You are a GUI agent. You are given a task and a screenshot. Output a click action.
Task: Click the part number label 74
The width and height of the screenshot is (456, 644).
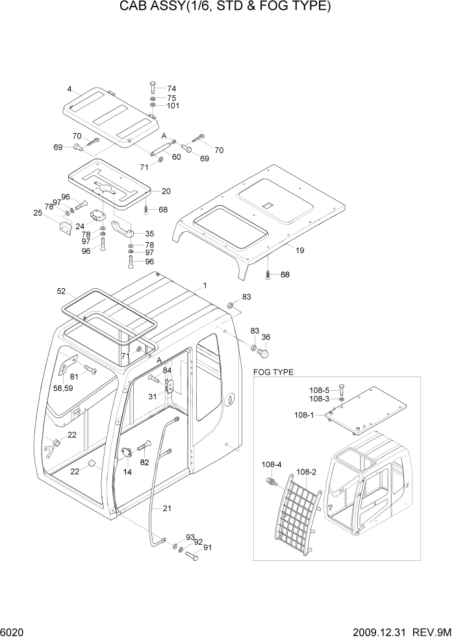tap(171, 89)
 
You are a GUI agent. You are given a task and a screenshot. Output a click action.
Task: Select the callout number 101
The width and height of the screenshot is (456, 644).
tap(173, 106)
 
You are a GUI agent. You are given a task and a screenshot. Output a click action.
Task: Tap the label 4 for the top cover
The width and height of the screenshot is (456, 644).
tap(69, 88)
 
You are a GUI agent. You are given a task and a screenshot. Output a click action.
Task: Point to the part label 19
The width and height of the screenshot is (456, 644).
tap(300, 250)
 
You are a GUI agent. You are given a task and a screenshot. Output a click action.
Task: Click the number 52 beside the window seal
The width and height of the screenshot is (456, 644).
tap(62, 291)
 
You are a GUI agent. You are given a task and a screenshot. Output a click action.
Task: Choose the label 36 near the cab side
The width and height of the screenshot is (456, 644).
tap(266, 337)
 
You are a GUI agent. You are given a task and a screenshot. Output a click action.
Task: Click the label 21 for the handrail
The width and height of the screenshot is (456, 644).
tap(167, 508)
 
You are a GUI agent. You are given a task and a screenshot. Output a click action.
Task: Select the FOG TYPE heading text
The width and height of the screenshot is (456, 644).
tap(272, 372)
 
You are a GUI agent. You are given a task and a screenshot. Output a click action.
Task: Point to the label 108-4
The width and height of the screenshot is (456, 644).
tap(272, 465)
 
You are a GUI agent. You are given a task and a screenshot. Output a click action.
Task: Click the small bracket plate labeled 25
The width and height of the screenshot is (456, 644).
tap(65, 229)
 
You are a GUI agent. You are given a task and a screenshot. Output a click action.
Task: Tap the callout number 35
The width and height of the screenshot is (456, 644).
tap(149, 233)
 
